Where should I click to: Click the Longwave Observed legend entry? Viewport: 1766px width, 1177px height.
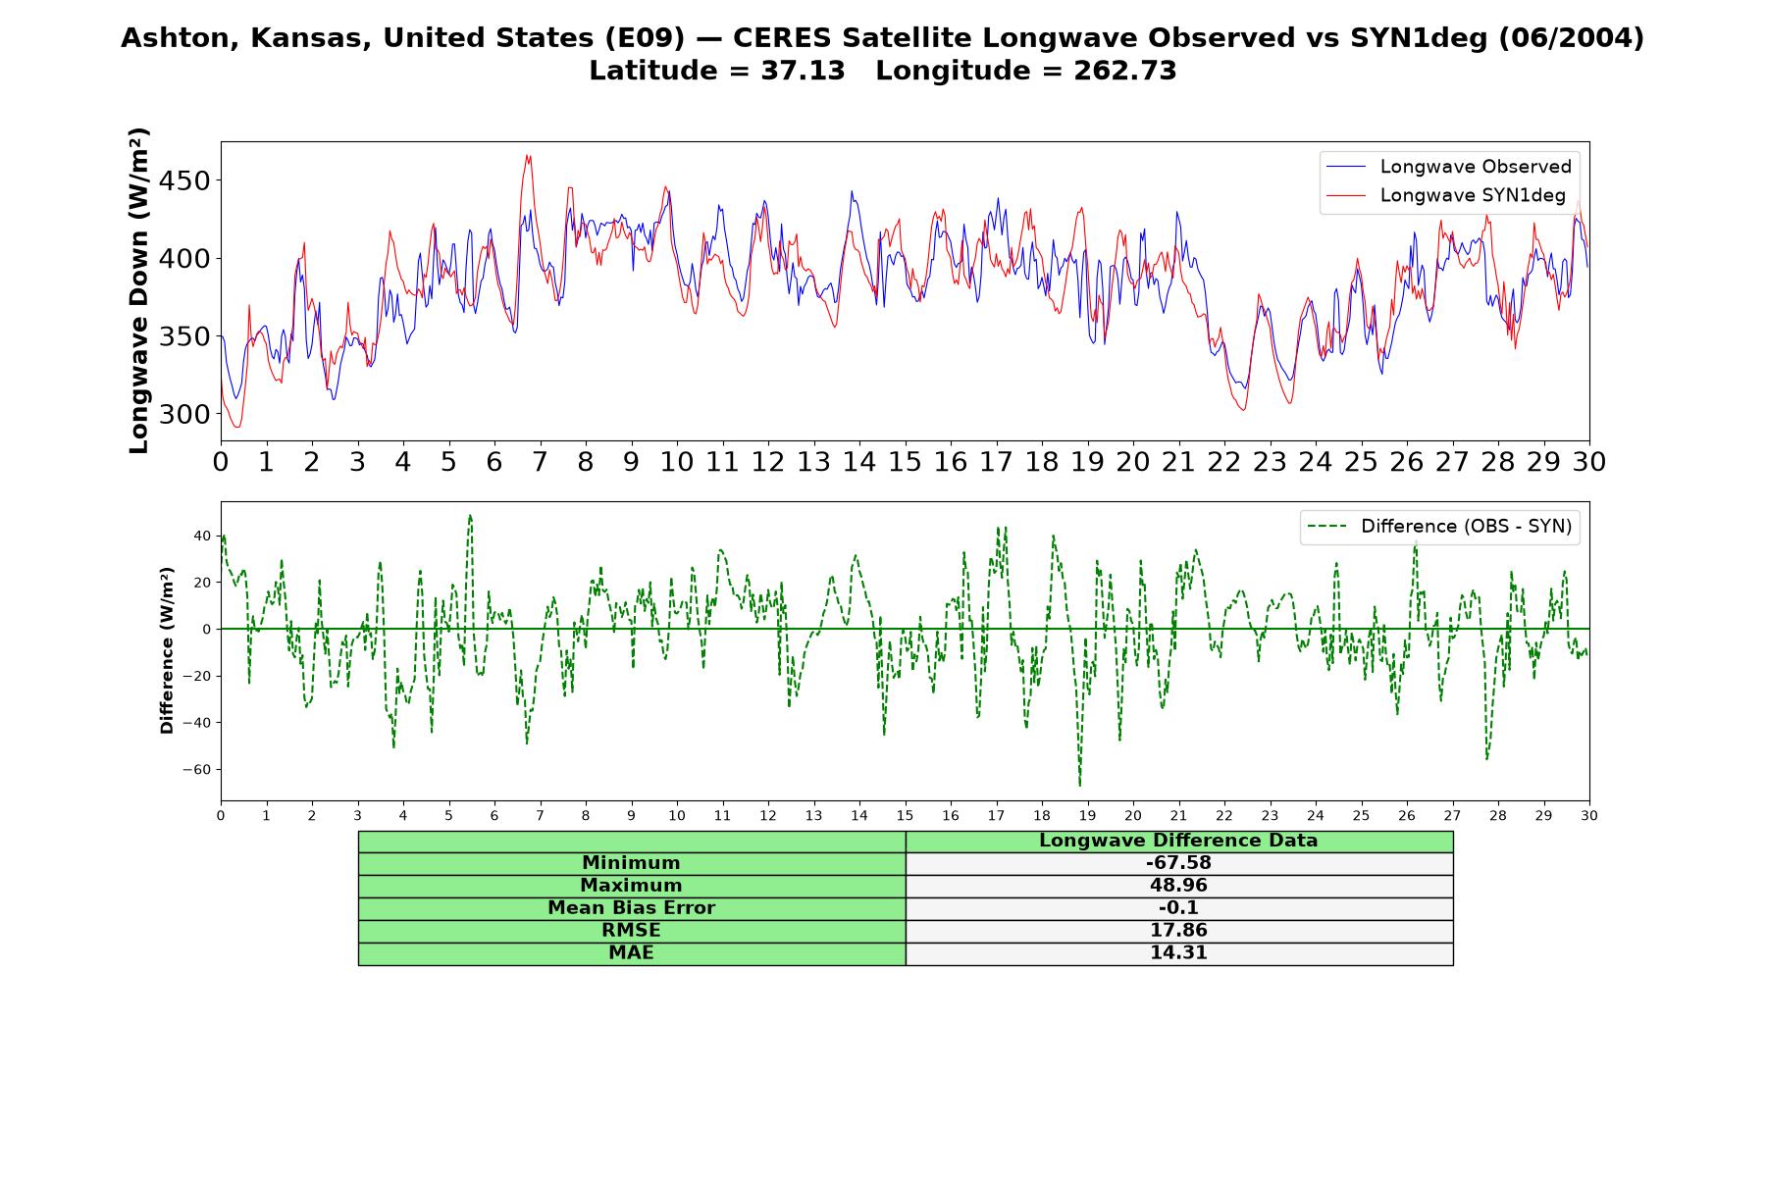tap(1448, 167)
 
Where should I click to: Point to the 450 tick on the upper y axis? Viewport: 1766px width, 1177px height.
tap(185, 181)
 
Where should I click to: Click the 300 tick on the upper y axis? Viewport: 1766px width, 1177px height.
tap(185, 415)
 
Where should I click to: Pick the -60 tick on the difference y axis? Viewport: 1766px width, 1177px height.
tap(196, 770)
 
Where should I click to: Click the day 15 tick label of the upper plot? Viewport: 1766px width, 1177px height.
tap(905, 461)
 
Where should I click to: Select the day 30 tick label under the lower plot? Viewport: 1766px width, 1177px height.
tap(1589, 815)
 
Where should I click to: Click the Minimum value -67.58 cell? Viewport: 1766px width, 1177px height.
tap(1178, 863)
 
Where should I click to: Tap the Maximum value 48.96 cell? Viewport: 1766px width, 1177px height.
tap(1178, 886)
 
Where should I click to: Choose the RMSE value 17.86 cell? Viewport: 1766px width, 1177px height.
tap(1178, 931)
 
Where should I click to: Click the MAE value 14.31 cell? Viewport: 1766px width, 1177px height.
tap(1178, 953)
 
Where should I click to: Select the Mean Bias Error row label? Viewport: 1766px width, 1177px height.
tap(631, 908)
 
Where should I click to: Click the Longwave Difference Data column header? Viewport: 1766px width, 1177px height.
tap(1178, 841)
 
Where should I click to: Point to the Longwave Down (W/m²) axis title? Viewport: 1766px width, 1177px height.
tap(139, 290)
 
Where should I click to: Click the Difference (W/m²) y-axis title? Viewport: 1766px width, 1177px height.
tap(167, 650)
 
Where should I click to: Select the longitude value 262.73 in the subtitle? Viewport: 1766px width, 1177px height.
tap(1124, 71)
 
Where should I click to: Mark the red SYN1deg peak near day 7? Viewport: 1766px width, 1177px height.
tap(528, 155)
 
